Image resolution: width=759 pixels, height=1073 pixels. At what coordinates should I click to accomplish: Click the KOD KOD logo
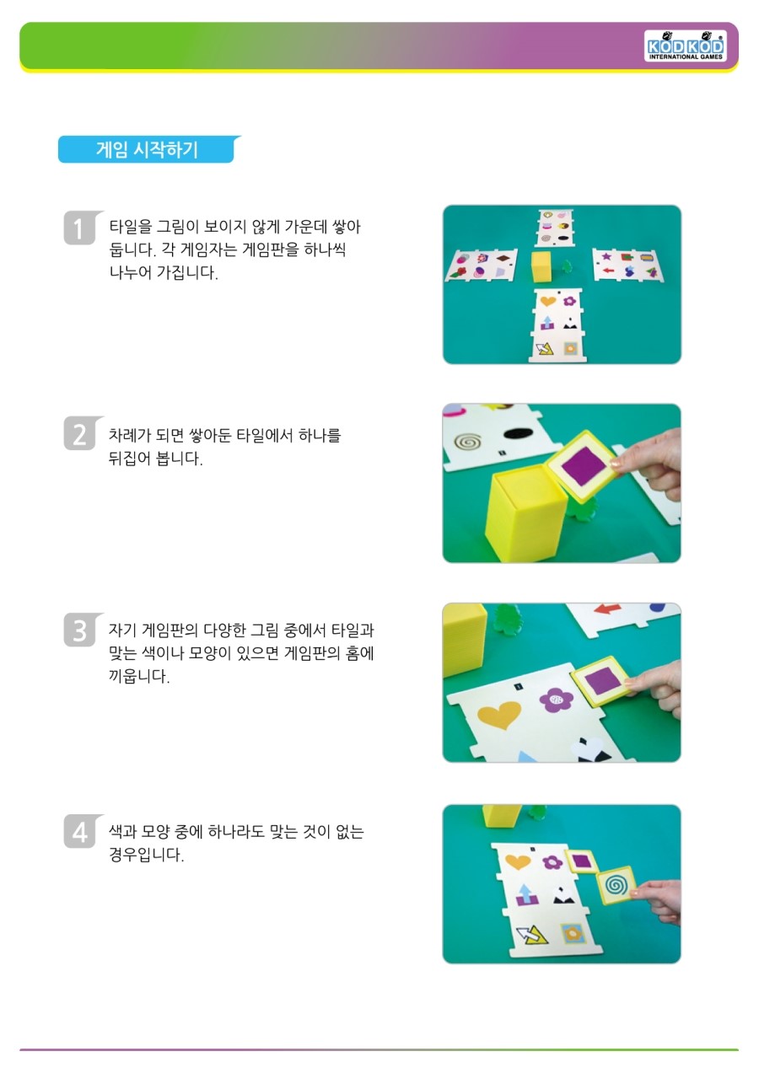pos(685,46)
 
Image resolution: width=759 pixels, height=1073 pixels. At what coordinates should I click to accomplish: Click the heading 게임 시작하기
pos(147,149)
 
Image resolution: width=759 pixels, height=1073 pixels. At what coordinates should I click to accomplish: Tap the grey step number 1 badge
pos(80,228)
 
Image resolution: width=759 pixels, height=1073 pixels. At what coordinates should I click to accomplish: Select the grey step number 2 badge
pos(80,433)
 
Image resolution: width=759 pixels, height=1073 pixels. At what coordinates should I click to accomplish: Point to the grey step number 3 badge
pos(80,630)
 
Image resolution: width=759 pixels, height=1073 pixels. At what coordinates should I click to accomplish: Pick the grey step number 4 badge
pos(80,831)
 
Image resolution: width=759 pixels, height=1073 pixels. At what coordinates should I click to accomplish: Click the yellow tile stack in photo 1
pos(542,266)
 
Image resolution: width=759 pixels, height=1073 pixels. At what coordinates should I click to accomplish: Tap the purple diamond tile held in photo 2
pos(583,464)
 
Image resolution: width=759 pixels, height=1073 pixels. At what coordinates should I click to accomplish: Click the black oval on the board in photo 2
pos(519,433)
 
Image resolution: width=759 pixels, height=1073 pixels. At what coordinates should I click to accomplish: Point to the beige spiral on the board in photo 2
pos(467,442)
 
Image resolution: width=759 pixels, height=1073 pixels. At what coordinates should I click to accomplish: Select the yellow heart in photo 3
pos(499,714)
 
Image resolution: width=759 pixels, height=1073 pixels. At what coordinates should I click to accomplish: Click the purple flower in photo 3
pos(556,700)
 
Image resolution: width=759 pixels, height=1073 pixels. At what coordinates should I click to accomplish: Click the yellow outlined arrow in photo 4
pos(532,934)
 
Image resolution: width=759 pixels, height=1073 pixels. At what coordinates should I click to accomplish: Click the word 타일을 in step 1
pos(131,227)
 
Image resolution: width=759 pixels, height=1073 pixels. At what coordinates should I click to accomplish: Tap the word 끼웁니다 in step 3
pos(138,676)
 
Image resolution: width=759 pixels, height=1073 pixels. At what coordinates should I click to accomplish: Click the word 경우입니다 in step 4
pos(146,854)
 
